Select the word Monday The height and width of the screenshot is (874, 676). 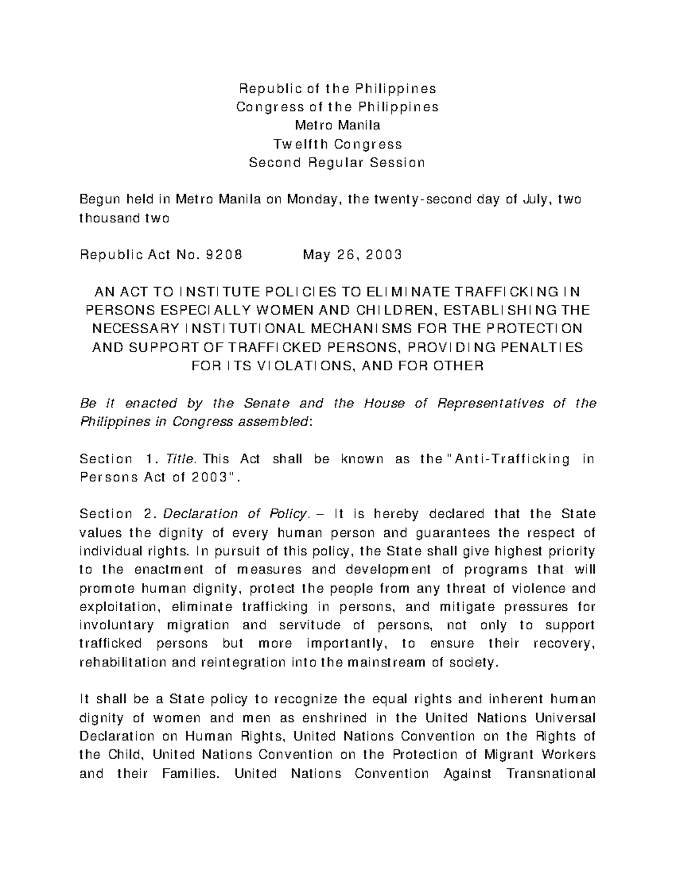tap(313, 199)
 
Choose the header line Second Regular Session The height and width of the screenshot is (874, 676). tap(337, 163)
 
